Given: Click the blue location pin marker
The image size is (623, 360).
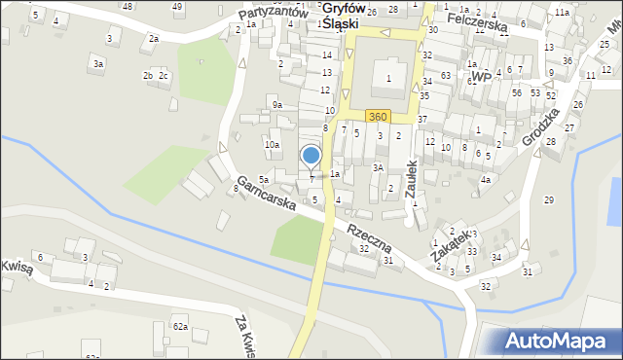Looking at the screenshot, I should point(311,156).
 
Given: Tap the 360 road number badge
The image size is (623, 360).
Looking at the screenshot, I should point(379,117).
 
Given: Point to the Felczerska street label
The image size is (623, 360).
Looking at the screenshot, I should point(478,21).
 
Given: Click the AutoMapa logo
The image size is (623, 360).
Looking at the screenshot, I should point(560,341).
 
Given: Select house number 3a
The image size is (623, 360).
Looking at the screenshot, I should point(97,63).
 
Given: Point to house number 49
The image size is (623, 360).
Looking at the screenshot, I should point(177,7).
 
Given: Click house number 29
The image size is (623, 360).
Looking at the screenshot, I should point(548,199).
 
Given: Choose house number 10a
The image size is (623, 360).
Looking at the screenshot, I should point(272,144).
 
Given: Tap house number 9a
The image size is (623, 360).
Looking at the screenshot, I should point(277,104).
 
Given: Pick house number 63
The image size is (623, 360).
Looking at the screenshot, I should point(445,75).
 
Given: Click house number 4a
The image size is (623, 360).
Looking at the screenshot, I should point(485,180).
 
